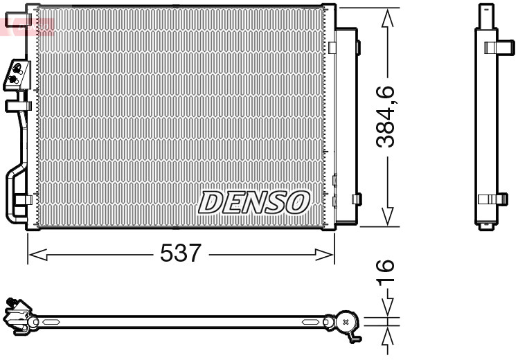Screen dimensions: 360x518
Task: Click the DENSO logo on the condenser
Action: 253,202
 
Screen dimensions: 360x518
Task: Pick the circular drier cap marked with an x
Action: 346,322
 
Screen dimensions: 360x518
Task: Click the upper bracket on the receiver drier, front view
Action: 357,48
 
